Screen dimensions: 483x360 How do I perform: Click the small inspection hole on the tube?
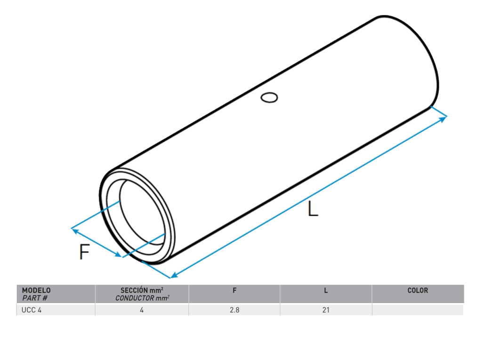(x=269, y=97)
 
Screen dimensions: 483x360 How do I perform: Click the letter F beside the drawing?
(x=84, y=252)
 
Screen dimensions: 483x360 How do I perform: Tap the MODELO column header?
(x=36, y=290)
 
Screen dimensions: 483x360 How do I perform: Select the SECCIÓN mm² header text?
(x=142, y=290)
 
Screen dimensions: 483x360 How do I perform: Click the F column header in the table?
(x=234, y=290)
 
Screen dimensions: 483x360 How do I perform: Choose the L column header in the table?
(x=326, y=290)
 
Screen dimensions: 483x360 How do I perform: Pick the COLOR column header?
(x=418, y=290)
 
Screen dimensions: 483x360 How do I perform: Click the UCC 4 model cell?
(x=32, y=310)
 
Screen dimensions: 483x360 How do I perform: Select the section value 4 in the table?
(x=142, y=310)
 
